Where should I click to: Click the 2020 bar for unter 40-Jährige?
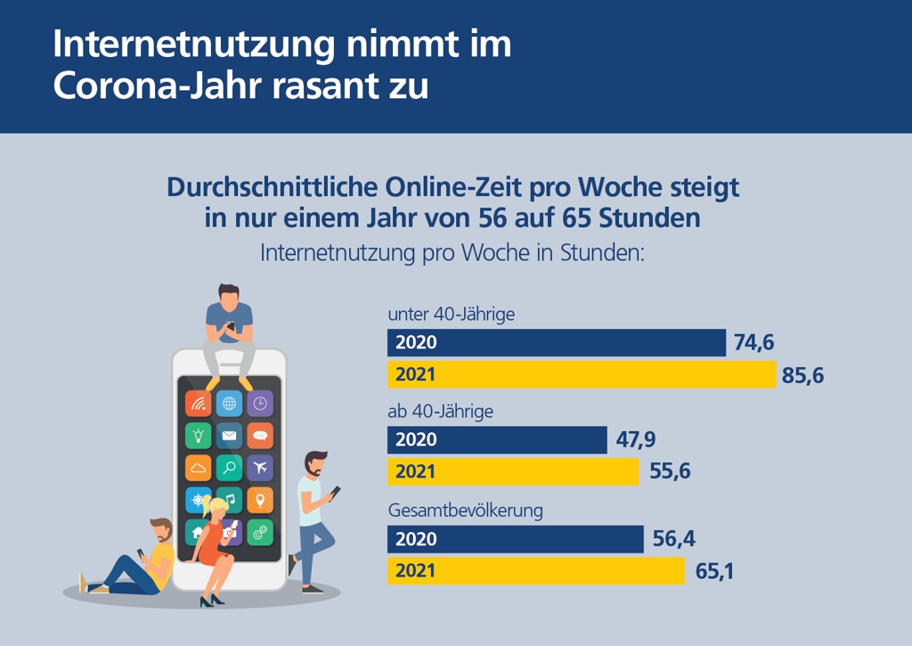point(557,343)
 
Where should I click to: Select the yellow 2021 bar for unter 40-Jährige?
point(582,375)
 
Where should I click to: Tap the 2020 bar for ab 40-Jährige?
point(497,440)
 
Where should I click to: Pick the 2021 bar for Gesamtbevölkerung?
point(536,571)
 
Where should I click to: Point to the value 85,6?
point(802,376)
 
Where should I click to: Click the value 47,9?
point(636,440)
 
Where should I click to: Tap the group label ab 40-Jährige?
point(440,412)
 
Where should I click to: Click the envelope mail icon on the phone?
point(230,436)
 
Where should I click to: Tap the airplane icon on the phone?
point(260,467)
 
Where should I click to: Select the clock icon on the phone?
point(260,404)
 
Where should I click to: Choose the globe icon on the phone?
point(230,404)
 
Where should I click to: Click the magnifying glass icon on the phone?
point(230,467)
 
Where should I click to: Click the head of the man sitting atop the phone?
point(229,295)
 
